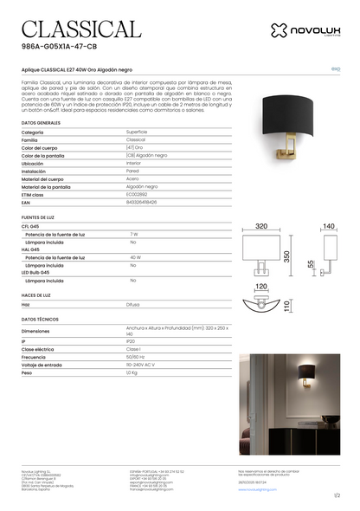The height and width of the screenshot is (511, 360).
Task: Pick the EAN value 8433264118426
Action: coord(142,202)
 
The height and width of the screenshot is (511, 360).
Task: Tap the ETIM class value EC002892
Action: coord(137,194)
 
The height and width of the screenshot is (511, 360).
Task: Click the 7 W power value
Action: coord(134,234)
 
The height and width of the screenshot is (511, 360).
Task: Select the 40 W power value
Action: coord(135,257)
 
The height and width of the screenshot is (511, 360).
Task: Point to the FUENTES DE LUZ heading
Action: coord(40,217)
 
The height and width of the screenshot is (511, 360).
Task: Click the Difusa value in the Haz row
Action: coord(133,305)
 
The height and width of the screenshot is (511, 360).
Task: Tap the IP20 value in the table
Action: coord(132,341)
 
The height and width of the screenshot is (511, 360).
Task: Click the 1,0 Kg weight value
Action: coord(132,372)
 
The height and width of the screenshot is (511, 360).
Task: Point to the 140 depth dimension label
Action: coord(328,226)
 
